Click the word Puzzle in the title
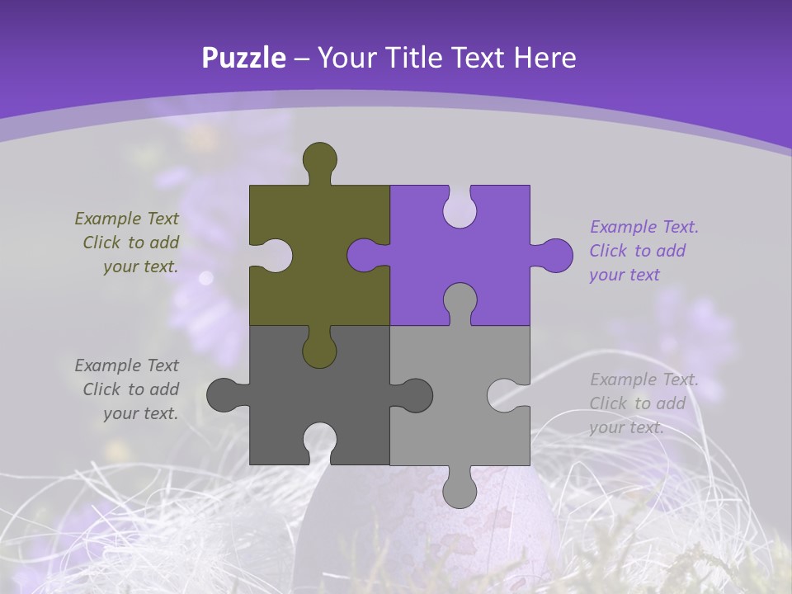click(x=243, y=58)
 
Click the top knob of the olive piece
click(x=320, y=159)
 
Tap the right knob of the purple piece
click(x=554, y=255)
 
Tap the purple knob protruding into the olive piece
click(x=365, y=255)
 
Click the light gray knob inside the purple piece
click(x=460, y=300)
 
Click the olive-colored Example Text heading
click(x=126, y=219)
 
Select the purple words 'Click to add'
click(x=637, y=251)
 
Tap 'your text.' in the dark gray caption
click(x=140, y=413)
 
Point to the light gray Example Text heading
click(x=644, y=379)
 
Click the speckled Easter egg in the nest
click(x=495, y=528)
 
